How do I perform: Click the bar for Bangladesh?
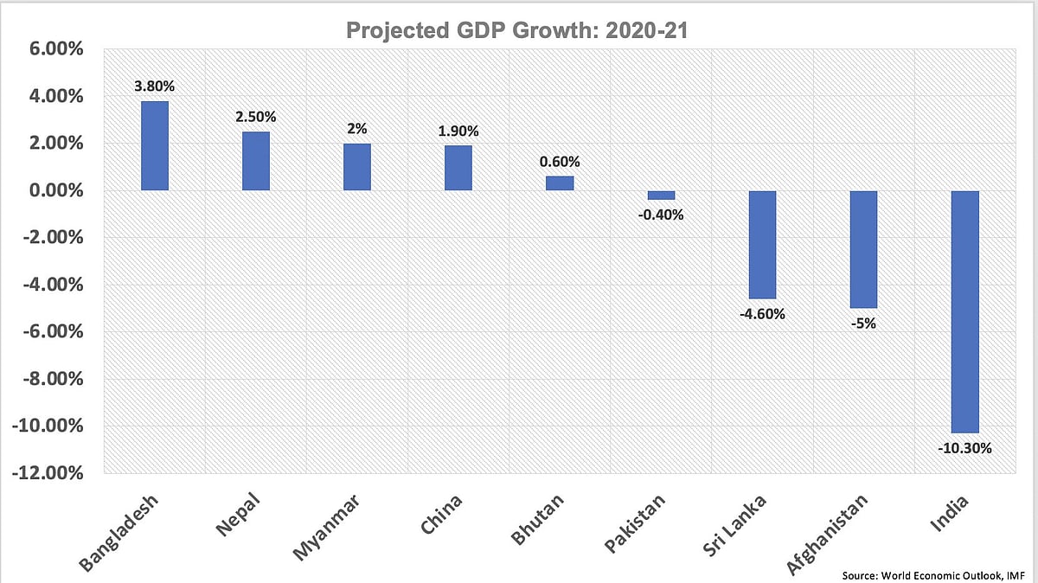tap(155, 146)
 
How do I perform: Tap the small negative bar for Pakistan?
tap(661, 195)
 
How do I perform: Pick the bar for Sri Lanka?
tap(762, 245)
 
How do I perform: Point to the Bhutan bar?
tap(560, 183)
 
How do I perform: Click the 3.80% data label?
tap(155, 86)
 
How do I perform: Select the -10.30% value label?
tap(964, 449)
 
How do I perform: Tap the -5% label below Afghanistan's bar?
tap(863, 324)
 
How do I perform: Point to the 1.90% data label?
tap(458, 131)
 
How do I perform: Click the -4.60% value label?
tap(762, 315)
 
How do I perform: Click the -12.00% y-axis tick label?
tap(48, 473)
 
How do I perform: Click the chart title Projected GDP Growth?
tap(519, 32)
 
